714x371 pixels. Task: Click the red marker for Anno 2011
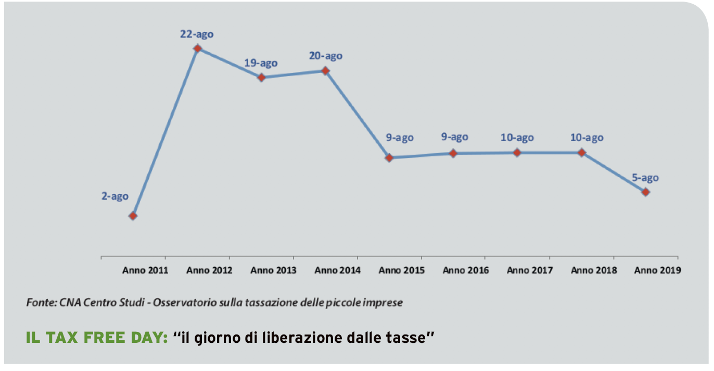pos(133,216)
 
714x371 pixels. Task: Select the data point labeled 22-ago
pos(197,48)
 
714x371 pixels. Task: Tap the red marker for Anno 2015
pos(389,157)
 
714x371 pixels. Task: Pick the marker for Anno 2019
pos(646,192)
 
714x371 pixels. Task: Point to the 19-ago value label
pos(261,63)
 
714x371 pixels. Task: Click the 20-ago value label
pos(325,56)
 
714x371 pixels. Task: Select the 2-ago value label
pos(115,196)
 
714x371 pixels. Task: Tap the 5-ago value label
pos(645,178)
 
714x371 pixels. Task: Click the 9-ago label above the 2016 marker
pos(454,137)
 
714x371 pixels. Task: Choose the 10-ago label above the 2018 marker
pos(586,138)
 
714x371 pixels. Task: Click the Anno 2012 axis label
pos(209,270)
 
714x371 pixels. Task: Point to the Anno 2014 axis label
pos(337,270)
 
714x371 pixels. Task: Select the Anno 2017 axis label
pos(529,270)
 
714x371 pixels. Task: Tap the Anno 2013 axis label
pos(273,270)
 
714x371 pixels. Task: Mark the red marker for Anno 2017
pos(517,152)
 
